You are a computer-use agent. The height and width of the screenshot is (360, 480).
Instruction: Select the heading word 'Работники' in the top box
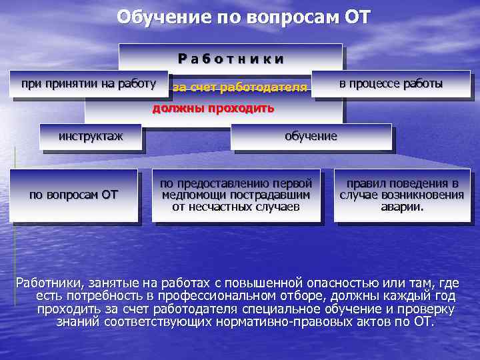(x=231, y=58)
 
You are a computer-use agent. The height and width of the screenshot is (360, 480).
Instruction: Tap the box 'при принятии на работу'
(x=89, y=84)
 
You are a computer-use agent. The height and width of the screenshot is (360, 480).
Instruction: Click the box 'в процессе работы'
(x=391, y=84)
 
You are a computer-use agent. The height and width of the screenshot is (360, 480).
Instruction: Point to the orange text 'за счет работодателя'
(x=240, y=87)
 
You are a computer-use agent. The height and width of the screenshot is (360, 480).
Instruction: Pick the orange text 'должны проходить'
(x=213, y=109)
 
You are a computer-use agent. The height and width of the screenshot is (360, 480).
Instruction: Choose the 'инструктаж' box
(x=91, y=137)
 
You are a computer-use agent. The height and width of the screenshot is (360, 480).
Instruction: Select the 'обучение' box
(x=311, y=137)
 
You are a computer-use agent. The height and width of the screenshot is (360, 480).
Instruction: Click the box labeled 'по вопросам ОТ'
(x=73, y=195)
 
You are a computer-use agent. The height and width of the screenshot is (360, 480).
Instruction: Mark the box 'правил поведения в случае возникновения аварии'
(x=401, y=195)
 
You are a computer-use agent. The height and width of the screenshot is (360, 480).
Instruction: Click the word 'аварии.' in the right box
(x=401, y=207)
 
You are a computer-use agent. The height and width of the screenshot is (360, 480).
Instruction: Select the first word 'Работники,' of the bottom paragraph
(x=51, y=282)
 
